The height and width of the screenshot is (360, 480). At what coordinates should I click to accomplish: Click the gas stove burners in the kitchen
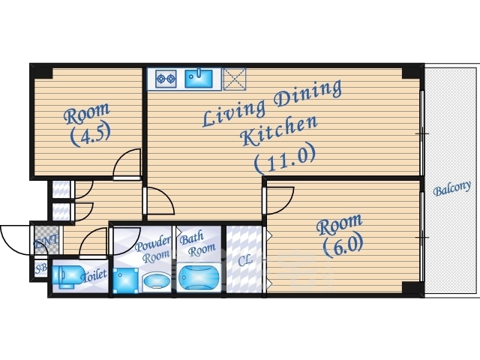point(166,79)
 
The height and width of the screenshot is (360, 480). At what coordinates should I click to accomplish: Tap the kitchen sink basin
point(199,78)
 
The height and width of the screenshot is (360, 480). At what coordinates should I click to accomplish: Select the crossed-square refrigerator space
point(234,79)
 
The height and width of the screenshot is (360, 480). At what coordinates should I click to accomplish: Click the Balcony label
point(451,188)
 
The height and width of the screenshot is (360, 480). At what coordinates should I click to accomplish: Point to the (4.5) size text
point(90,134)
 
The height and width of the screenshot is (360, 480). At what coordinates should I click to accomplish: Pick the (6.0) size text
point(343,245)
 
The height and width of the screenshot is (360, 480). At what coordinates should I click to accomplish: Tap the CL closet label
point(245,260)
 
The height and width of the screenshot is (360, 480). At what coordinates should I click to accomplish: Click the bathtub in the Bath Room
point(199,277)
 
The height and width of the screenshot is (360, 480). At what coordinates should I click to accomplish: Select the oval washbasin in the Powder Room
point(157,280)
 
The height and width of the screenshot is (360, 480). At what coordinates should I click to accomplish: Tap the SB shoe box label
point(41,268)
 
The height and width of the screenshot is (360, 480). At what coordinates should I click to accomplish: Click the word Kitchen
point(278,131)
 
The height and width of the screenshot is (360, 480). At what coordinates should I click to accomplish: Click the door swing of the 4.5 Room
point(127,162)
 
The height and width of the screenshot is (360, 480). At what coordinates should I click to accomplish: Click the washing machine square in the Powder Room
point(125,280)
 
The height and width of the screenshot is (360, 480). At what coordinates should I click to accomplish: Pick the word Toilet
point(94,275)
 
